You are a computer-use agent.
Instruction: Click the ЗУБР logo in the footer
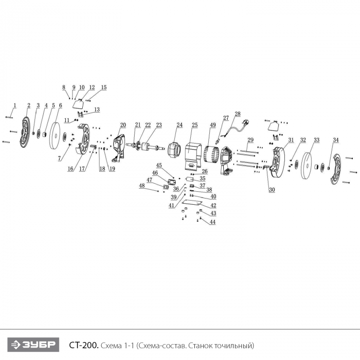click(33, 345)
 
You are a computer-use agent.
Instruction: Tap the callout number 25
click(195, 125)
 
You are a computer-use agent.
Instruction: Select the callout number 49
click(213, 125)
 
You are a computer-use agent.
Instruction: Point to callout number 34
click(336, 140)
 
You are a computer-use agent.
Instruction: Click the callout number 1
click(15, 105)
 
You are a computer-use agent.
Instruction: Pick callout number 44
click(212, 222)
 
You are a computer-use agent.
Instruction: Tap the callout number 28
click(238, 114)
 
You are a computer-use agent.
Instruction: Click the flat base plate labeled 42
click(192, 203)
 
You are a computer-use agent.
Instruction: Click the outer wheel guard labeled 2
click(25, 132)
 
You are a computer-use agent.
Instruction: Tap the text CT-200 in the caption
click(84, 345)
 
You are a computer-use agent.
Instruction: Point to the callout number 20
click(123, 125)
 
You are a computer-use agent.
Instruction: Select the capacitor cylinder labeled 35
click(190, 179)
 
